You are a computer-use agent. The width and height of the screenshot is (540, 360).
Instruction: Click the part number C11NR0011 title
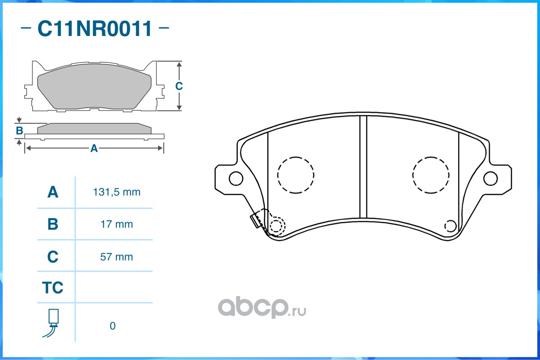pyautogui.click(x=95, y=29)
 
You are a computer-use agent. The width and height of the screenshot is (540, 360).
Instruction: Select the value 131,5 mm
pyautogui.click(x=117, y=192)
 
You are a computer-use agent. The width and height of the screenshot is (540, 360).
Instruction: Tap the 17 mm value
pyautogui.click(x=117, y=224)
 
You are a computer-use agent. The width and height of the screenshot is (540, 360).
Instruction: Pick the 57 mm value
pyautogui.click(x=117, y=257)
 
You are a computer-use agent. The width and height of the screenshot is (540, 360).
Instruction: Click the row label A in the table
pyautogui.click(x=53, y=192)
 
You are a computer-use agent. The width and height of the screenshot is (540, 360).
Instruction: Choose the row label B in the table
pyautogui.click(x=53, y=224)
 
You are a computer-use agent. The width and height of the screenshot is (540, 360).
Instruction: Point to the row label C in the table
pyautogui.click(x=53, y=257)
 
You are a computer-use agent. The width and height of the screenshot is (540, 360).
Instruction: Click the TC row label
pyautogui.click(x=53, y=288)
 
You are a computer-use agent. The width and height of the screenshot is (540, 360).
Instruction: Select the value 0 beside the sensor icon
pyautogui.click(x=113, y=326)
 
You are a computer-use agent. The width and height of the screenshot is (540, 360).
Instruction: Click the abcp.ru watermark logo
pyautogui.click(x=262, y=308)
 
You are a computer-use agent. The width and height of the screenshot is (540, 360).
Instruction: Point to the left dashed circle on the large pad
pyautogui.click(x=295, y=175)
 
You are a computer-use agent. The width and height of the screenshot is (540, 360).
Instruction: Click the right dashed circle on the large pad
pyautogui.click(x=431, y=175)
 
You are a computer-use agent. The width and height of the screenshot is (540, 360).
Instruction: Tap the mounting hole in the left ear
pyautogui.click(x=236, y=178)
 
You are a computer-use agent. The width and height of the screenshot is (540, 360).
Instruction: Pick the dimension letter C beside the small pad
pyautogui.click(x=179, y=86)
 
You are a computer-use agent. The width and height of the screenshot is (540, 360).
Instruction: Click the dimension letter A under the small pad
pyautogui.click(x=94, y=148)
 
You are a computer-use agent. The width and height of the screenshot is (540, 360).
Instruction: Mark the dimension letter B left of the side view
pyautogui.click(x=19, y=131)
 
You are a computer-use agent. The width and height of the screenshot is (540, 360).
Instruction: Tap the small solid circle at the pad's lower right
pyautogui.click(x=450, y=226)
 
